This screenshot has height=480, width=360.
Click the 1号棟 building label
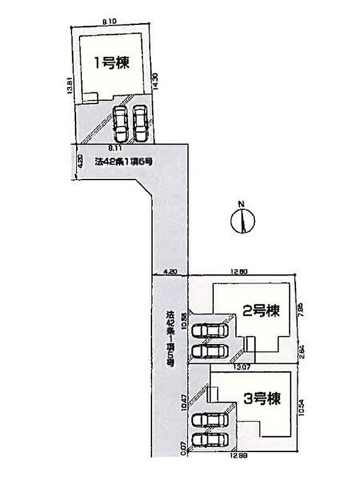point(111,62)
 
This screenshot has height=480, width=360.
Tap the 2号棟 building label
point(261,311)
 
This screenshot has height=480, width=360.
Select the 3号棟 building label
point(262,399)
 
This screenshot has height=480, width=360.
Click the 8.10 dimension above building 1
point(110,21)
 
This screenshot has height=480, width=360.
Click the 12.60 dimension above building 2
point(239,271)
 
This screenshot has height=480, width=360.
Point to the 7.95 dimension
point(300,308)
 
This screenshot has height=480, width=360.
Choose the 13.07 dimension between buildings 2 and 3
point(243,366)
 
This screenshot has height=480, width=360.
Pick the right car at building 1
point(139,122)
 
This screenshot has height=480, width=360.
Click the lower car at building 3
point(210,439)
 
